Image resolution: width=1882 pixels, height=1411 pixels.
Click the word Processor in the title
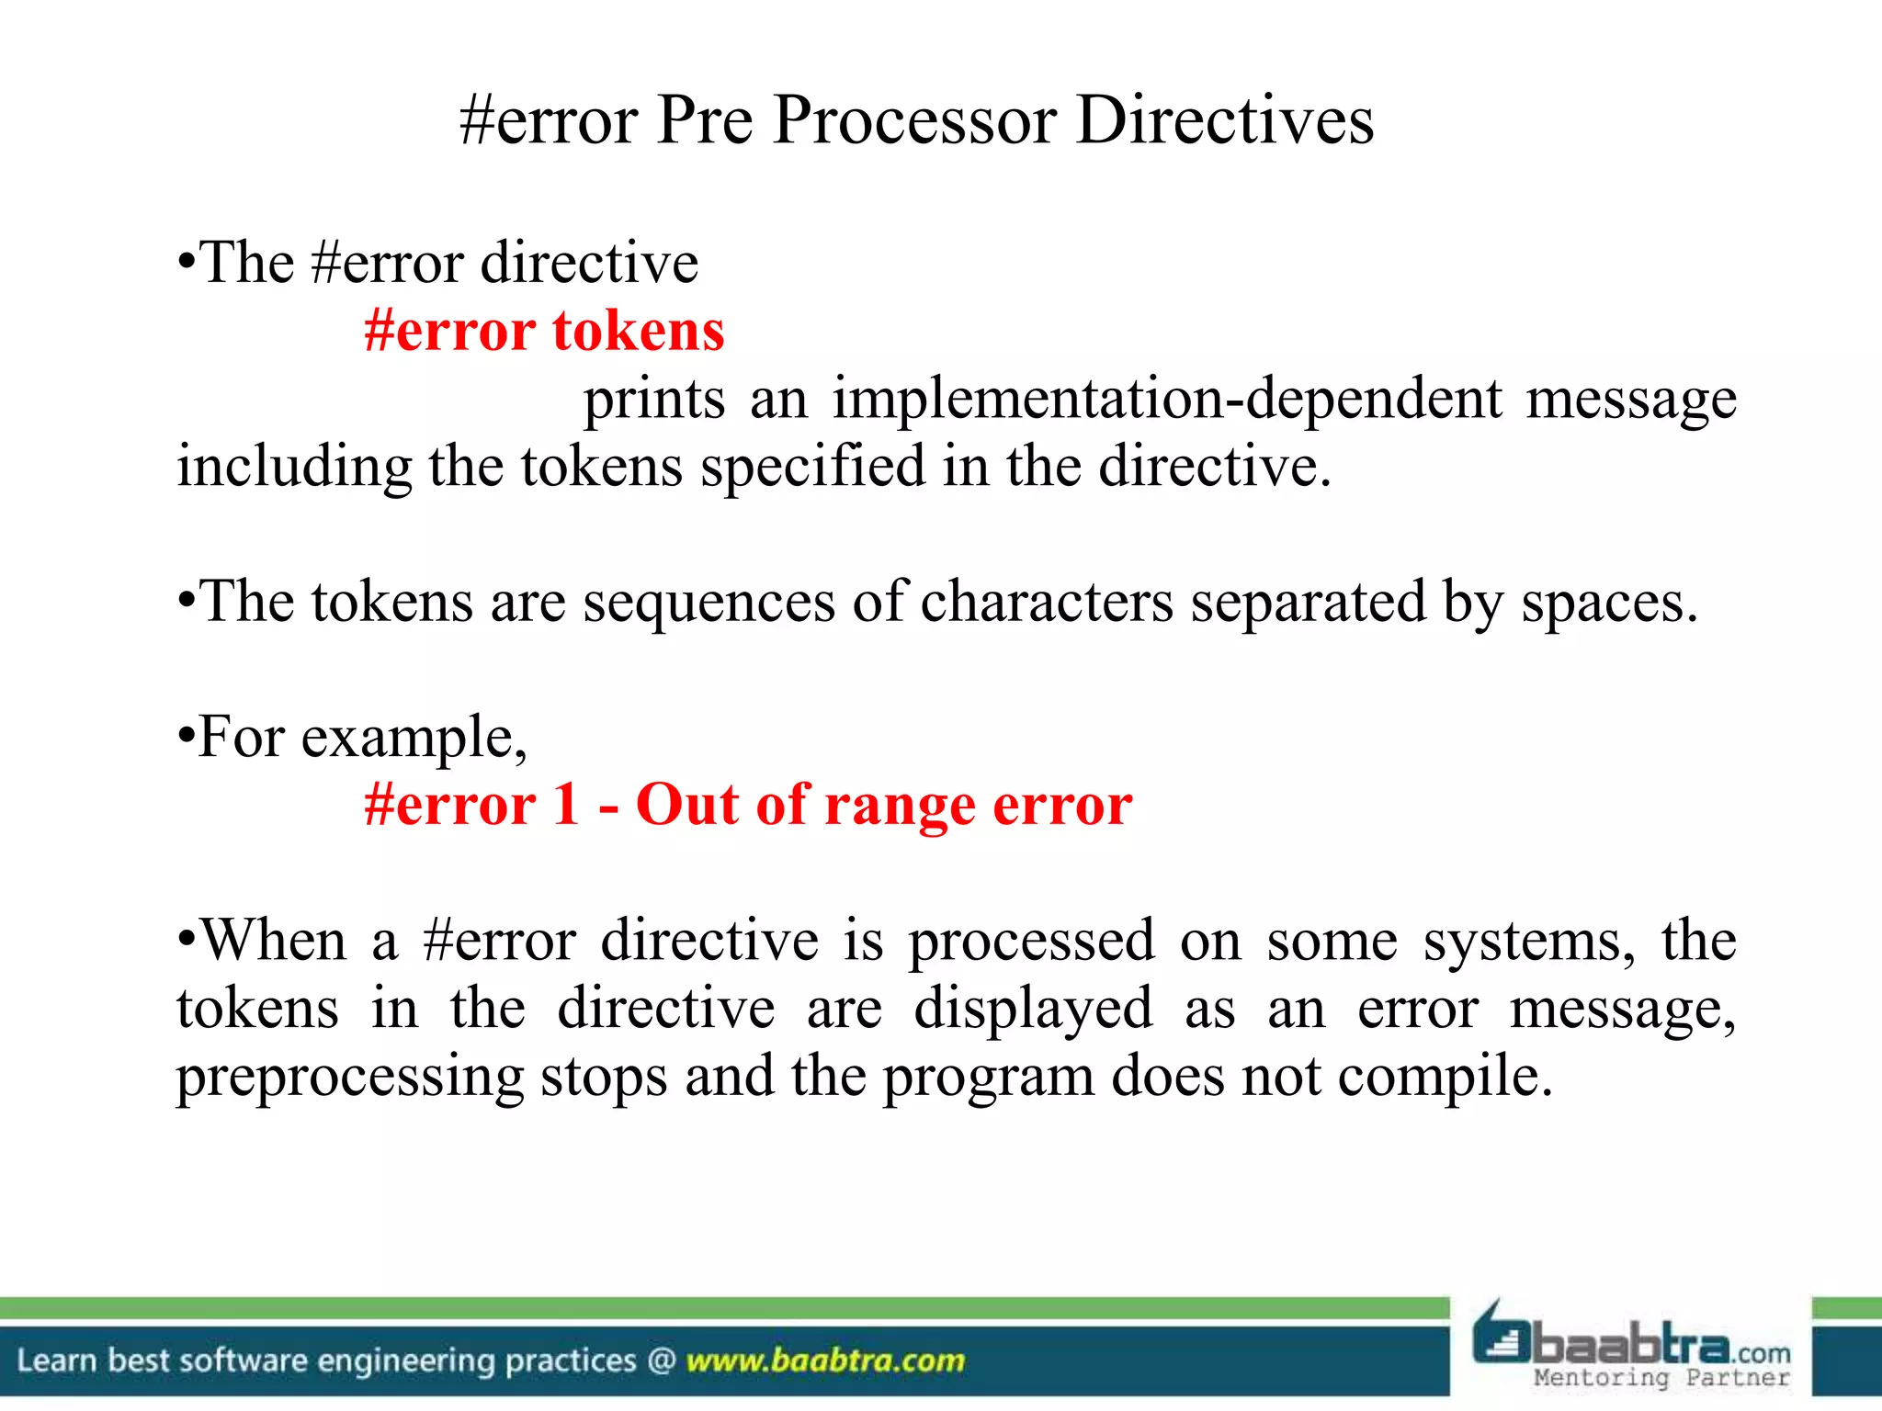click(x=914, y=121)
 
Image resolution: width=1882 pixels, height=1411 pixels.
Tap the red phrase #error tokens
click(x=544, y=331)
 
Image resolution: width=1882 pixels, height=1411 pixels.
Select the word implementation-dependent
click(x=1167, y=400)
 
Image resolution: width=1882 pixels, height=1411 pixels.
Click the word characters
click(x=1047, y=603)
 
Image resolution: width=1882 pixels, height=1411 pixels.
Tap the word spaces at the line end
click(x=1607, y=603)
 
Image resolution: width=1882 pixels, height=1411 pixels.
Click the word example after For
click(x=413, y=739)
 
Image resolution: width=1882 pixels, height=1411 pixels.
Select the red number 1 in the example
click(x=565, y=806)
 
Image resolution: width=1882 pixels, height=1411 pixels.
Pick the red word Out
click(x=686, y=806)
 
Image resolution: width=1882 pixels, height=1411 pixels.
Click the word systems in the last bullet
click(x=1529, y=942)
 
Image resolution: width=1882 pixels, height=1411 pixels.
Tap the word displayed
click(x=1033, y=1009)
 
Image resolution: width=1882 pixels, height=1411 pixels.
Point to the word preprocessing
click(x=349, y=1077)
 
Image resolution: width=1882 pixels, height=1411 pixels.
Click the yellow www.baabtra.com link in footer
click(x=825, y=1360)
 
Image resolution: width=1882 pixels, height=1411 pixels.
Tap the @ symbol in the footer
click(x=662, y=1360)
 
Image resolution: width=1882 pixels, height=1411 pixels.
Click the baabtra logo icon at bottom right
click(x=1502, y=1337)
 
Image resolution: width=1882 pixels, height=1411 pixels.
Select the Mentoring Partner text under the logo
click(x=1661, y=1377)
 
